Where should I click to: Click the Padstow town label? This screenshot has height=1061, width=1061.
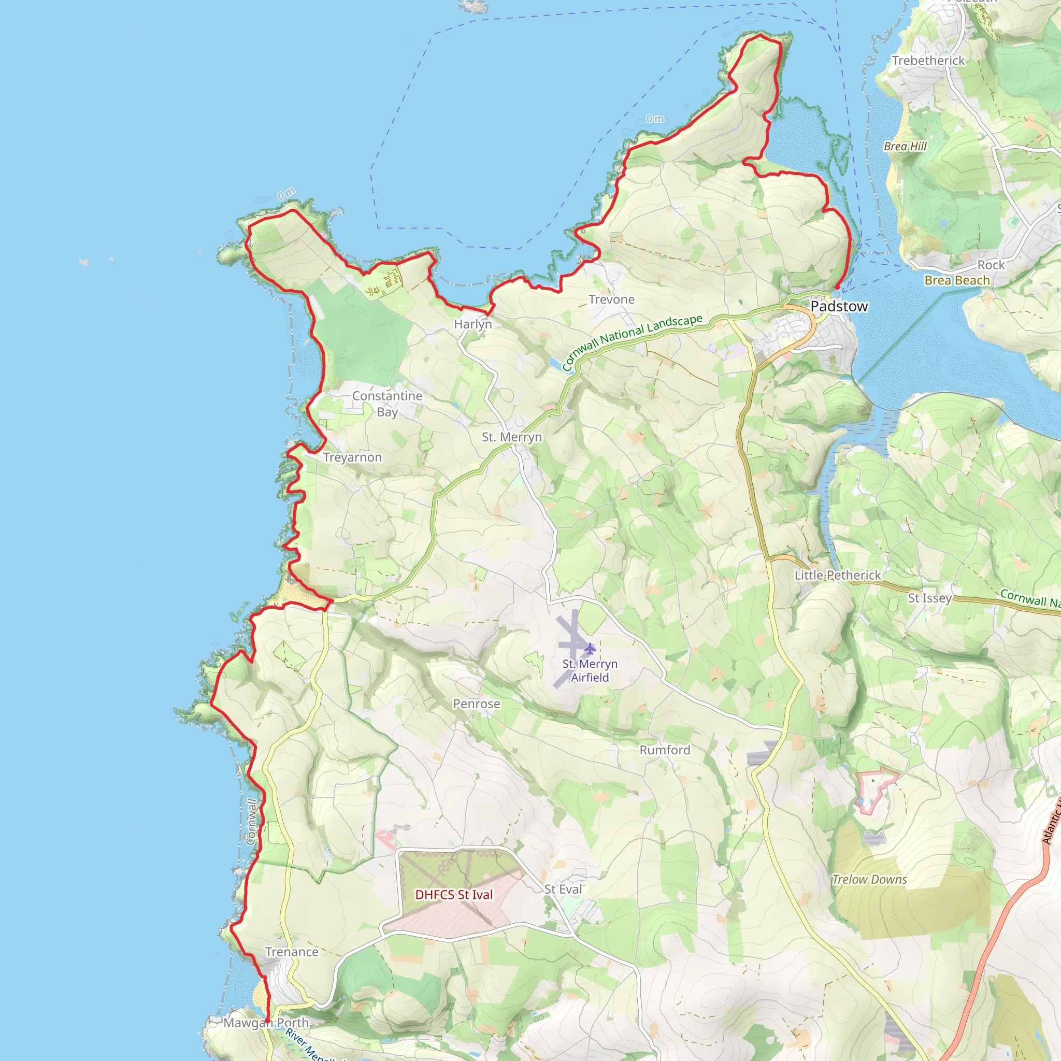pos(839,307)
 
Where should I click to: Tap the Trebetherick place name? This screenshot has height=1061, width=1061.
pos(928,61)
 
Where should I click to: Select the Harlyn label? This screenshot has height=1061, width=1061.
pos(473,324)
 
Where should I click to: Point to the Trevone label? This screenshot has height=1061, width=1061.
pos(611,299)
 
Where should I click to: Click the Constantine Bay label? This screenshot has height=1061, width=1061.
pos(387,404)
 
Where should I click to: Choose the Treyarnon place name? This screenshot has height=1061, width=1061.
pos(352,457)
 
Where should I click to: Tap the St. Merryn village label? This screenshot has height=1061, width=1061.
pos(512,437)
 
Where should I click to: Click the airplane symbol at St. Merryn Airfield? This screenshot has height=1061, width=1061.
pos(590,649)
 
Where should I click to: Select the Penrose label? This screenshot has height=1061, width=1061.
pos(476,704)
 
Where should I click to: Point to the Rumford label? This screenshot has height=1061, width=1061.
pos(665,750)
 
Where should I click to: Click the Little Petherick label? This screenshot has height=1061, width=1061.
pos(838,575)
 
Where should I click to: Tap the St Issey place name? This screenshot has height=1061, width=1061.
pos(929,598)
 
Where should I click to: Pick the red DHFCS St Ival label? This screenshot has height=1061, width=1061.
pos(454,895)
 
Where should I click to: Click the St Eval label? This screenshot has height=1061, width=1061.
pos(563,889)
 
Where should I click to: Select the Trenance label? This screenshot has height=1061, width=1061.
pos(292,952)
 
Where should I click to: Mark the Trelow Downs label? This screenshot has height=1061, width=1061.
pos(869,879)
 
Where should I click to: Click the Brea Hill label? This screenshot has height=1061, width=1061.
pos(905,146)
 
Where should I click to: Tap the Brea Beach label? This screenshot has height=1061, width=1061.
pos(957,280)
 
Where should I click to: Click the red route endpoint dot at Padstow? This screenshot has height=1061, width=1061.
pos(836,287)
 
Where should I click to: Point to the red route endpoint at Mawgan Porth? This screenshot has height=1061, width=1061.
pos(267,1022)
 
